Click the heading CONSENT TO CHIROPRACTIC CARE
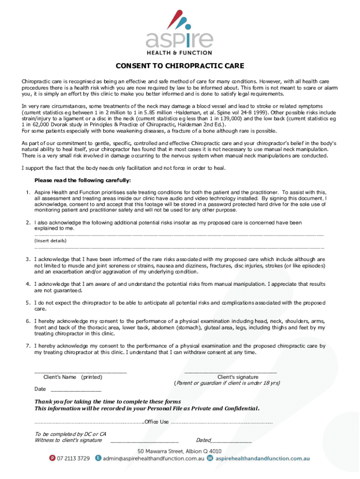180,65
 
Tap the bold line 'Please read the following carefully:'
83,181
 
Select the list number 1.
28,192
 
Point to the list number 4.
28,284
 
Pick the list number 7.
28,346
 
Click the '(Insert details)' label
50,240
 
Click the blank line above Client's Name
80,372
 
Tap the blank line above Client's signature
230,372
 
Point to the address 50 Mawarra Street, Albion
180,451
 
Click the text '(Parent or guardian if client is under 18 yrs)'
227,383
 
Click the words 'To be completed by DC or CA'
70,434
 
